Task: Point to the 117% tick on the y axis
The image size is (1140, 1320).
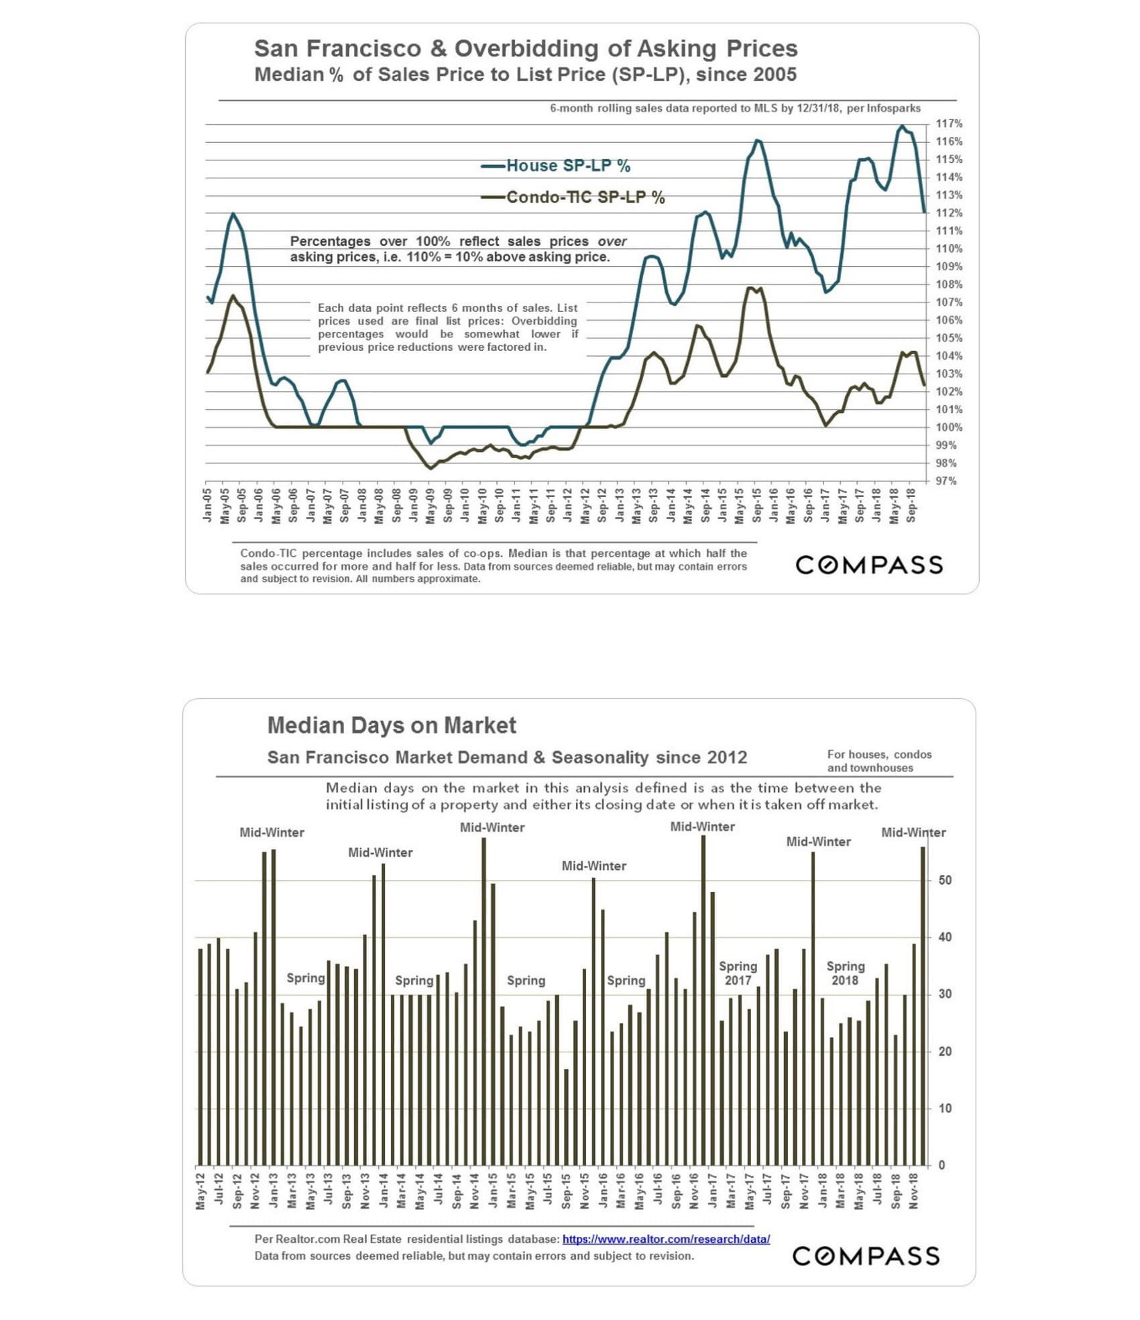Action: (948, 124)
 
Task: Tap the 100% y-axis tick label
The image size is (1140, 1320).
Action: (948, 428)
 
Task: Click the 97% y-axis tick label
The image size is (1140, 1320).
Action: (946, 482)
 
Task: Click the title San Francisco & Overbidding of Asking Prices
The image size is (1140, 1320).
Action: (526, 48)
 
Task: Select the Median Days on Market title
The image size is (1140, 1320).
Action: (392, 725)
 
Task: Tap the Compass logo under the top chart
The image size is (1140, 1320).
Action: (869, 565)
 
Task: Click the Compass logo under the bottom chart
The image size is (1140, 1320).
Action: (866, 1256)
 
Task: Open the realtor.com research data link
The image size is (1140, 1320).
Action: (666, 1239)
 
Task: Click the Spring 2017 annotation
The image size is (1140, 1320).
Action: (738, 973)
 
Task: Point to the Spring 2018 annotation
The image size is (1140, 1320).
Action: (845, 973)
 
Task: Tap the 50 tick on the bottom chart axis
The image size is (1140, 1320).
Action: (945, 880)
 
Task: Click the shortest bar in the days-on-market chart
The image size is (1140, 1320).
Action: (566, 1117)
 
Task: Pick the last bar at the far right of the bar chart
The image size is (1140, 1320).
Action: (923, 1006)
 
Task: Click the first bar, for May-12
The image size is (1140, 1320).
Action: (201, 1057)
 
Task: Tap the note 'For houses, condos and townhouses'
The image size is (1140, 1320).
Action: (878, 761)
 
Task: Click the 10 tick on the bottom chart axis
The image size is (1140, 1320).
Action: (945, 1109)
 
